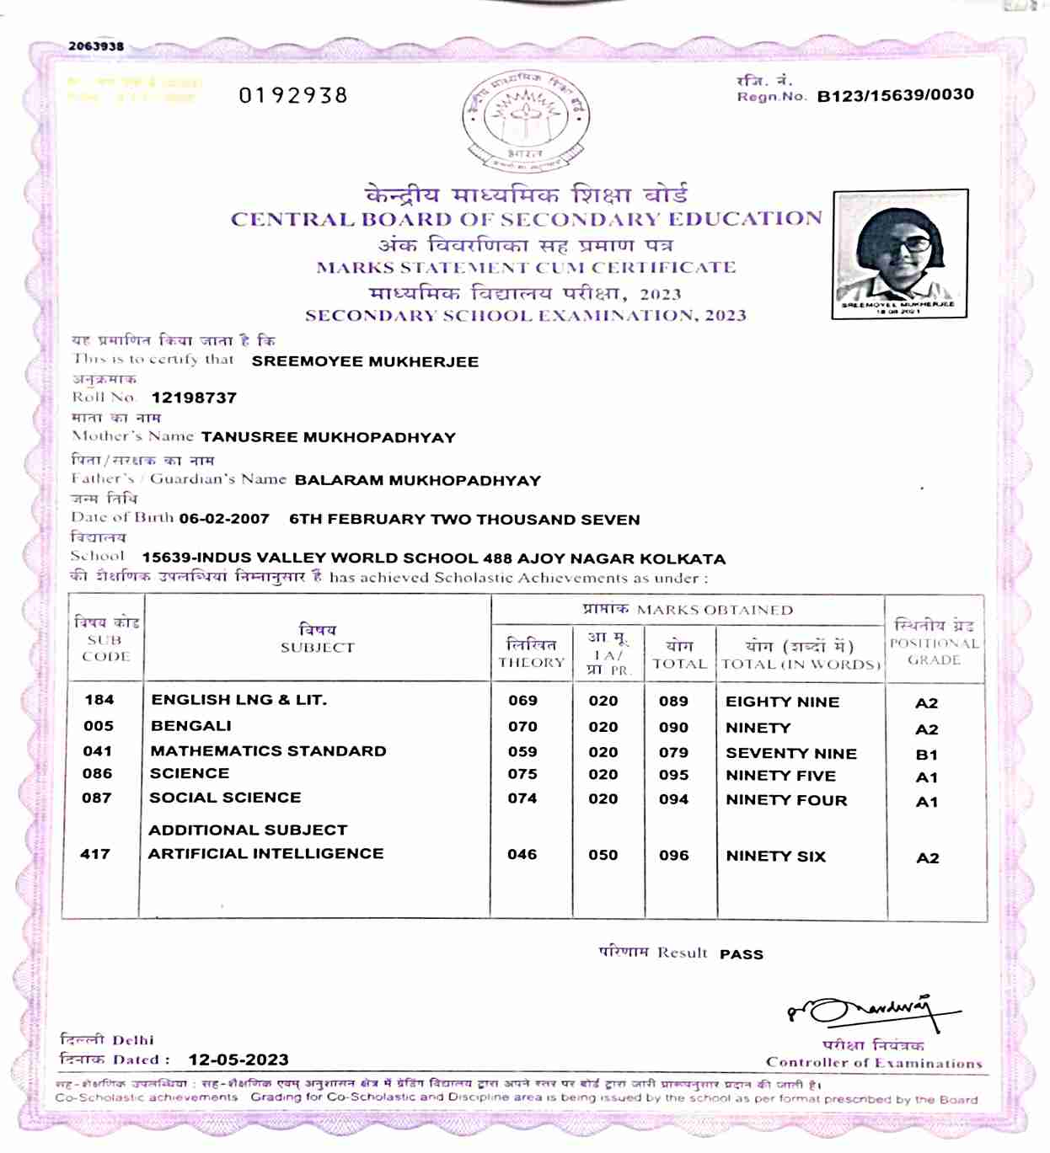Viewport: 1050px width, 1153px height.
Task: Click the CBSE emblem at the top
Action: click(x=525, y=119)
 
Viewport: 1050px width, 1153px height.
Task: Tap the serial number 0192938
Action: click(x=293, y=95)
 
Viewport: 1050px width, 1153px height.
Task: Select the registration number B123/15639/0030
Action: click(x=895, y=95)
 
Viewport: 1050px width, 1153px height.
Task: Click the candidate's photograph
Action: click(x=899, y=253)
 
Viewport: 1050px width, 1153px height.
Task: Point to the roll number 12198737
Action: click(x=194, y=398)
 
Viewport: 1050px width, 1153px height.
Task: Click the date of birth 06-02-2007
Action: click(x=224, y=519)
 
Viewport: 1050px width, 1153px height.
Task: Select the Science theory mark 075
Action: click(x=522, y=774)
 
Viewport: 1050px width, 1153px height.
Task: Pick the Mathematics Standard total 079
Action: click(x=673, y=752)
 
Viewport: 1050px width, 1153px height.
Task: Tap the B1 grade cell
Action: click(x=926, y=755)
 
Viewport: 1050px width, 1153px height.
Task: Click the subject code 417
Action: click(x=95, y=854)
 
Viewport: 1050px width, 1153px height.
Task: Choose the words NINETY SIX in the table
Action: click(x=775, y=856)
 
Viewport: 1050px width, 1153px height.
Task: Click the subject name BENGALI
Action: click(x=191, y=726)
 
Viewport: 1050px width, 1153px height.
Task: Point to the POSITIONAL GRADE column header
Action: click(x=934, y=643)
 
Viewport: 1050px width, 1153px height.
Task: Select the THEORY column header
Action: click(x=531, y=654)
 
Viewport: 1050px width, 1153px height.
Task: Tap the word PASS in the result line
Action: click(x=742, y=954)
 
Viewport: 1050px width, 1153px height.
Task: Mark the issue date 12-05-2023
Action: click(x=238, y=1060)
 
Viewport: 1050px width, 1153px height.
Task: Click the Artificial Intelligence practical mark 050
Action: click(x=603, y=855)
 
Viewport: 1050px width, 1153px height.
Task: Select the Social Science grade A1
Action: click(x=926, y=802)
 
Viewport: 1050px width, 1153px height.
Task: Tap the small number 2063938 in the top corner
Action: click(x=96, y=46)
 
